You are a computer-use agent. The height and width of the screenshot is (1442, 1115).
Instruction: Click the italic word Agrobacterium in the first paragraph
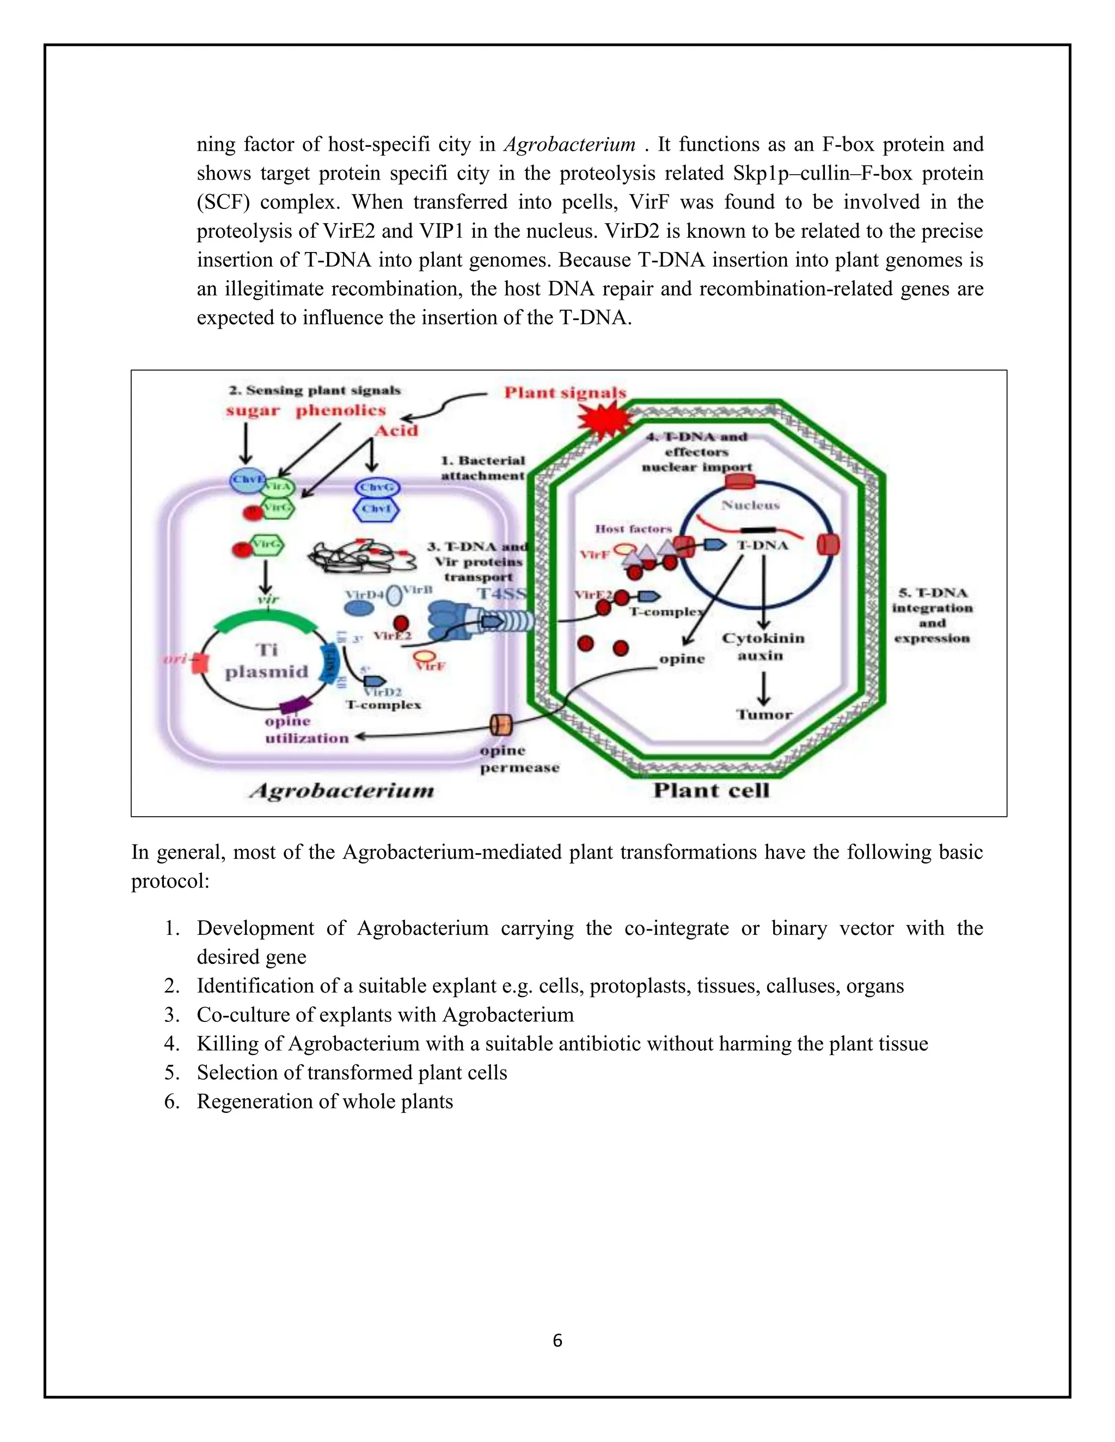click(569, 145)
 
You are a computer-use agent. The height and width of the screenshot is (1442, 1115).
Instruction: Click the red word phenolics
click(340, 411)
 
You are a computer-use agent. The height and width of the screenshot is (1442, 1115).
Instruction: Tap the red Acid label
click(396, 430)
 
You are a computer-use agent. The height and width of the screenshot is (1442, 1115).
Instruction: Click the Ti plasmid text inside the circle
click(267, 660)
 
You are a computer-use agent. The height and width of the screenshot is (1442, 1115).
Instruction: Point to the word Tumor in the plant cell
click(764, 714)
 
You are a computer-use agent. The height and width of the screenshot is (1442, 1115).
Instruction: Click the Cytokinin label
click(763, 638)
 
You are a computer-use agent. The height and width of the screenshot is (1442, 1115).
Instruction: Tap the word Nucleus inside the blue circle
click(750, 505)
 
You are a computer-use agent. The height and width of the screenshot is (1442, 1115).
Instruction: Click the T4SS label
click(502, 594)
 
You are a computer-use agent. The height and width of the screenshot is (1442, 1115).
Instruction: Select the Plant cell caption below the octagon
click(712, 790)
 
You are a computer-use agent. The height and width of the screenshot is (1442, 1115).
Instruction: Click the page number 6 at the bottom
click(557, 1341)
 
